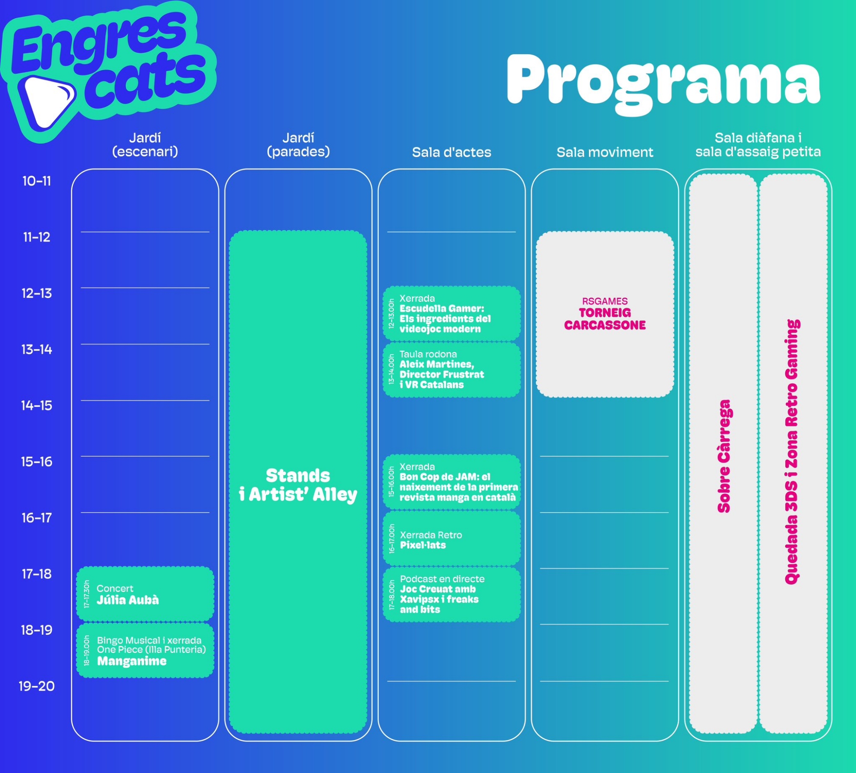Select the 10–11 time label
click(x=37, y=181)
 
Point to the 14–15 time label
click(x=37, y=405)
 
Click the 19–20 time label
click(x=37, y=686)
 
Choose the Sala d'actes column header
click(x=452, y=152)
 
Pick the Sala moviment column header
click(x=605, y=152)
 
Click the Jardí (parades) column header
click(x=298, y=145)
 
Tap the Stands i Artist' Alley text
click(x=298, y=485)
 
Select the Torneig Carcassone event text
click(x=605, y=319)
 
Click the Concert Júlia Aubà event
click(x=145, y=594)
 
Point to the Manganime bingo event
click(x=145, y=651)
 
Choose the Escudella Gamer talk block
click(x=452, y=314)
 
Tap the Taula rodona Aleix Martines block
click(x=452, y=370)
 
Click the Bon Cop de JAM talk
click(x=452, y=482)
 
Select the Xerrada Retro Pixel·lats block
click(x=452, y=539)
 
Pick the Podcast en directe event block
click(x=452, y=594)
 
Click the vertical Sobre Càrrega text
click(x=724, y=456)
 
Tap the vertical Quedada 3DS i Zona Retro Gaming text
click(x=792, y=452)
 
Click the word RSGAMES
click(x=605, y=301)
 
